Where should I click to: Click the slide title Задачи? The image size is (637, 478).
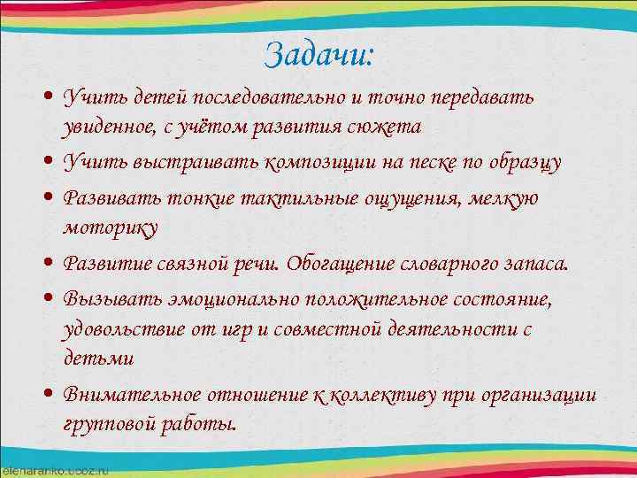pos(319,55)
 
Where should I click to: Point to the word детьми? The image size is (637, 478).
pos(98,359)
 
